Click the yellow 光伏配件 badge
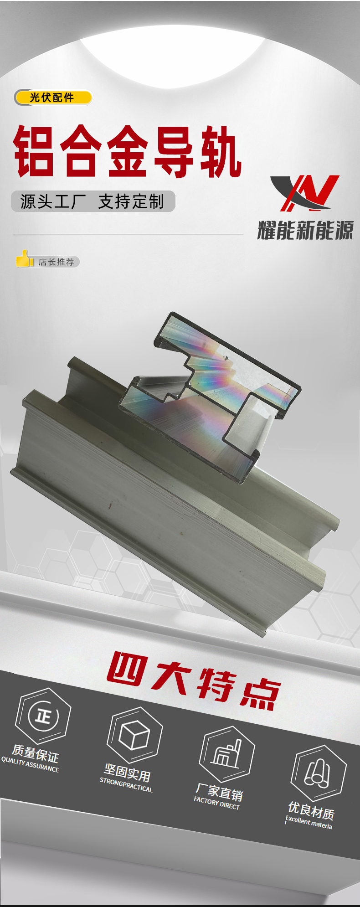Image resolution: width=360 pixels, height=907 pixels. point(53,98)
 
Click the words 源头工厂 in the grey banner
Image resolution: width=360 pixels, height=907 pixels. point(53,201)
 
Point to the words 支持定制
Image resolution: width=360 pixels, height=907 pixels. point(131,201)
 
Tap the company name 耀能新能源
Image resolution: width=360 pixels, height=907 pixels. point(305,230)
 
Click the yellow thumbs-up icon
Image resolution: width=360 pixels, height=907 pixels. point(25,258)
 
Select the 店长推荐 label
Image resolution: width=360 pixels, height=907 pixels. point(56,262)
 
